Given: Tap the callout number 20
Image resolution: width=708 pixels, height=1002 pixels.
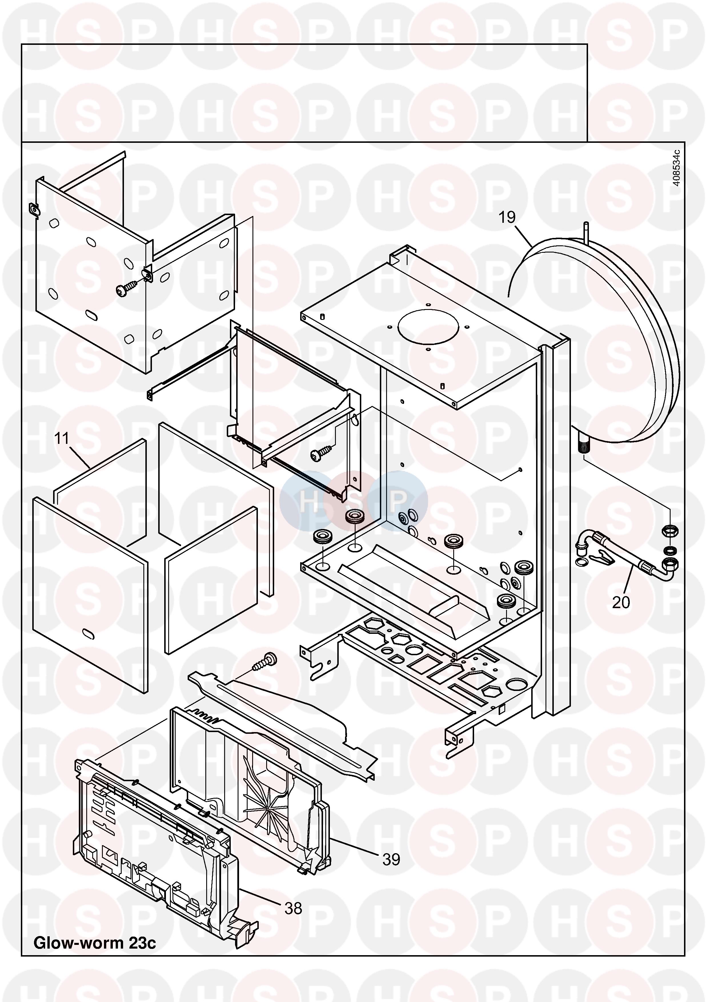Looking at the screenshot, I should tap(621, 603).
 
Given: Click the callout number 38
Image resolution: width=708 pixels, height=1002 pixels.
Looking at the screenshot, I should tap(293, 908).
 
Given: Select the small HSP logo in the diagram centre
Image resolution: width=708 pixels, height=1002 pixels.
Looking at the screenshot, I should tap(353, 502).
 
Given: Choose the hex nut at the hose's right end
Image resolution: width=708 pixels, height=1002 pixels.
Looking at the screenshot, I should tap(670, 531).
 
